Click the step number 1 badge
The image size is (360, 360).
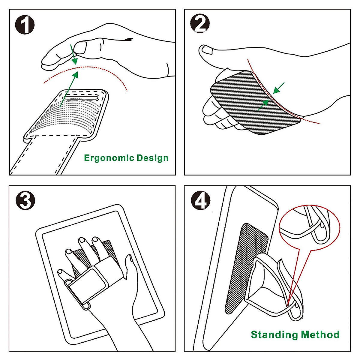pos(25,24)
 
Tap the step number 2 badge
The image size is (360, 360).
pos(200,24)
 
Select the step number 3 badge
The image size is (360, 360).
pos(25,200)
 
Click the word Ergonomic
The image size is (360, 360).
pos(109,158)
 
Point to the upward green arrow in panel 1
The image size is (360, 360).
pos(69,88)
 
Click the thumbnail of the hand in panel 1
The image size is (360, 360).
pos(80,47)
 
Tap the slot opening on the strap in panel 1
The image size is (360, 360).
pos(80,98)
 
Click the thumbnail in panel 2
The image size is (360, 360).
pos(207,50)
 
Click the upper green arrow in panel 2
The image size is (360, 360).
pos(279,88)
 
